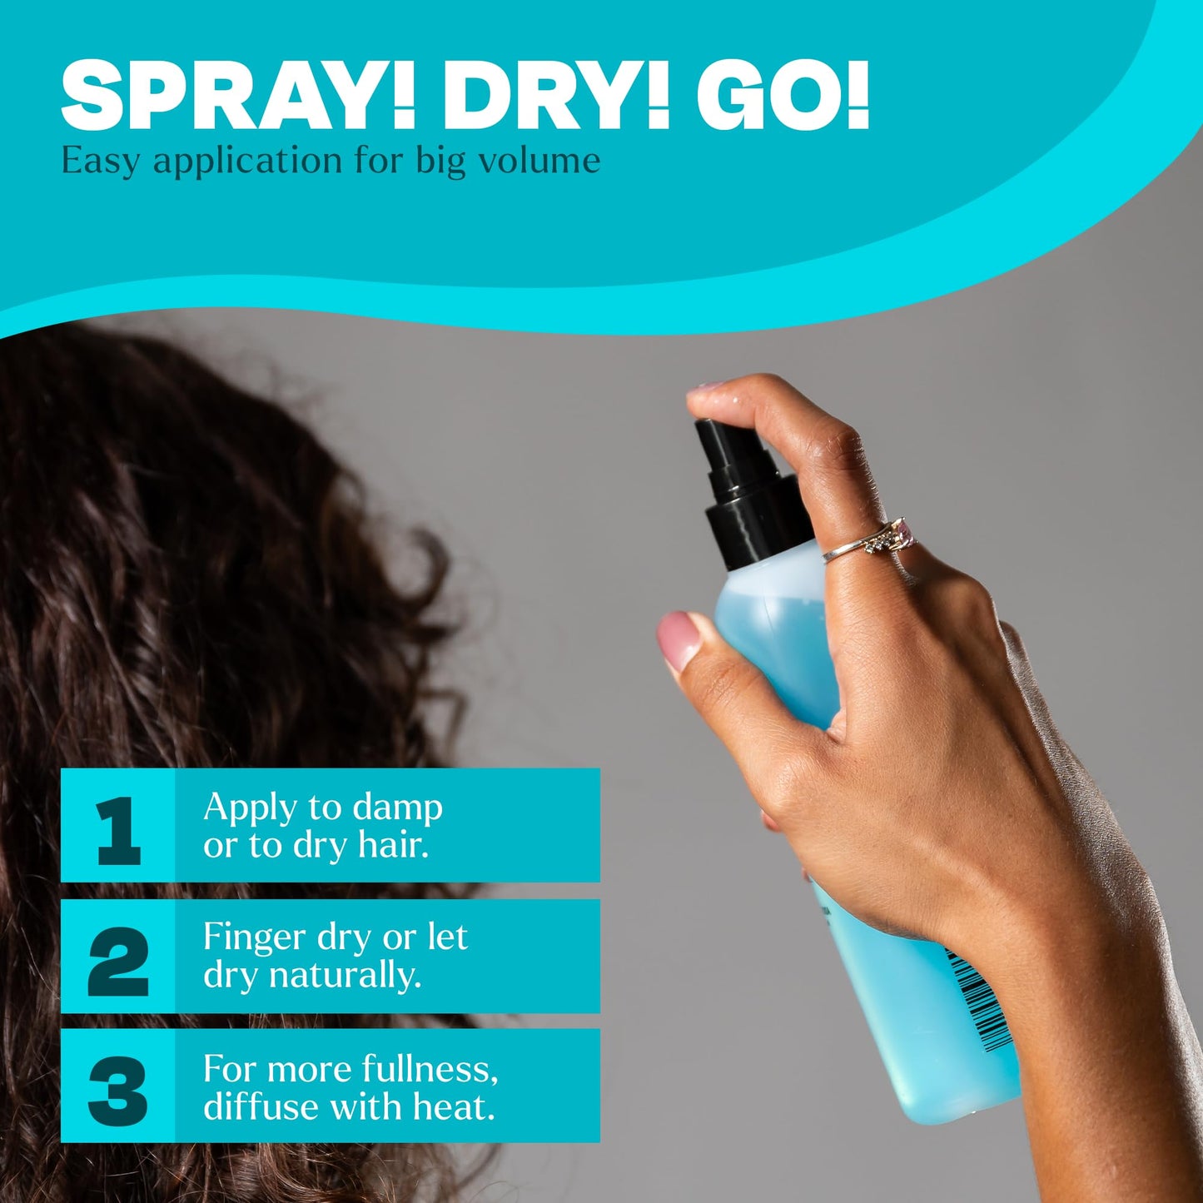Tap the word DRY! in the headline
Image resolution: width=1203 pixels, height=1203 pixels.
pyautogui.click(x=555, y=97)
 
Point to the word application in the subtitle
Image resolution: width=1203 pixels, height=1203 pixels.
pyautogui.click(x=248, y=162)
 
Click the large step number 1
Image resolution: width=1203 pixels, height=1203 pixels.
pyautogui.click(x=118, y=830)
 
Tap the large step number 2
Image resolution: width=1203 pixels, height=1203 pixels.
pyautogui.click(x=118, y=961)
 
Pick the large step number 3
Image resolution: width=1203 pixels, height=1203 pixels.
pyautogui.click(x=118, y=1091)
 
